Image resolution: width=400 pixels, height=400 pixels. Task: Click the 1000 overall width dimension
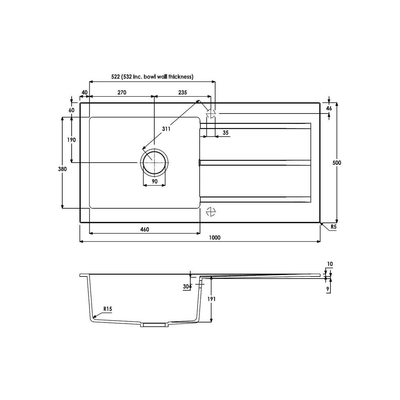point(215,237)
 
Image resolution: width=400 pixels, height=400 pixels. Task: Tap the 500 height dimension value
point(337,163)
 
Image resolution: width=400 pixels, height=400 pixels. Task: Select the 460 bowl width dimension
point(144,229)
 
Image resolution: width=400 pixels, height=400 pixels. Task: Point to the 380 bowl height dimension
point(62,169)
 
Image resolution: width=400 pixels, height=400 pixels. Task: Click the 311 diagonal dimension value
point(166,129)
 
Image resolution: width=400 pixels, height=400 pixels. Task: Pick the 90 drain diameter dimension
point(154,181)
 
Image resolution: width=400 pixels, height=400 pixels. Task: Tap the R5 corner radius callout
point(334,227)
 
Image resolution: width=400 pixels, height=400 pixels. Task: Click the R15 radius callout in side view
point(108,309)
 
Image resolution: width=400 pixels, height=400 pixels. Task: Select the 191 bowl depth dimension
point(211,299)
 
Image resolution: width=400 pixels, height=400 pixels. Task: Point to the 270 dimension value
point(122,92)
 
